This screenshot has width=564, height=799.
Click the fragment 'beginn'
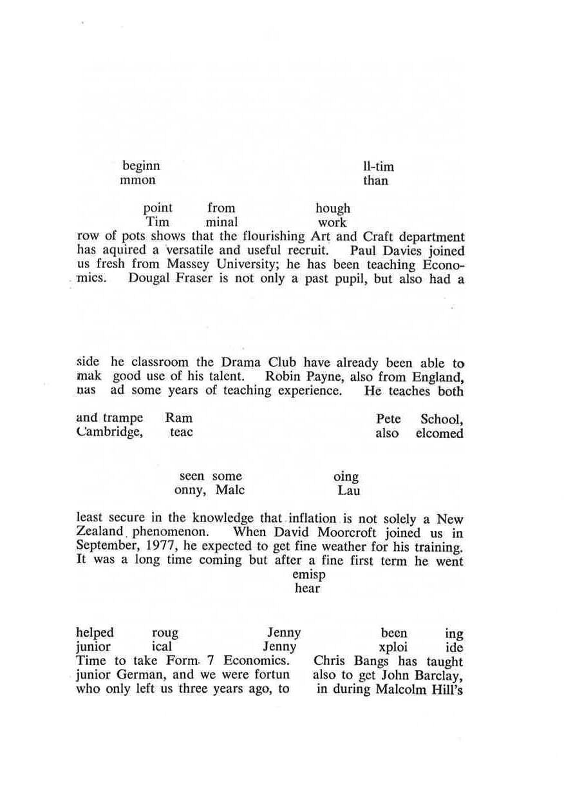coord(141,166)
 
